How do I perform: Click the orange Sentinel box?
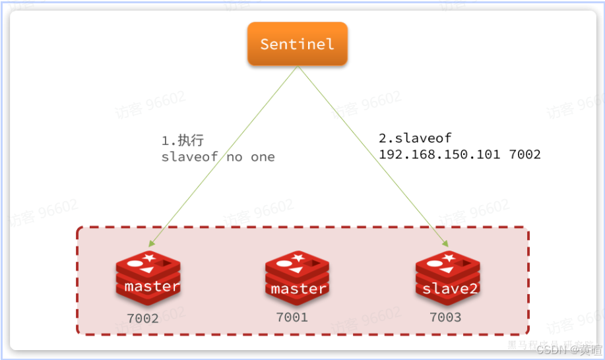point(297,44)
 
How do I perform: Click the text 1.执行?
point(183,140)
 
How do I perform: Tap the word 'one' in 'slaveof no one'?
point(263,157)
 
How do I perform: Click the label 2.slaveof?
point(415,138)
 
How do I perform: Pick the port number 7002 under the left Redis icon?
point(143,318)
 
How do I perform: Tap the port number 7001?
point(292,317)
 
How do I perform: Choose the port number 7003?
point(445,317)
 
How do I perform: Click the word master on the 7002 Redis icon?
point(151,287)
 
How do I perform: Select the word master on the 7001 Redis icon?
point(299,289)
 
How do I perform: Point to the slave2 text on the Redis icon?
point(449,289)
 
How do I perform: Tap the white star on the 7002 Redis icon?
point(150,256)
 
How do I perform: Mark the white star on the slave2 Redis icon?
point(449,256)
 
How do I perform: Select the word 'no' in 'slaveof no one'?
point(234,157)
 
